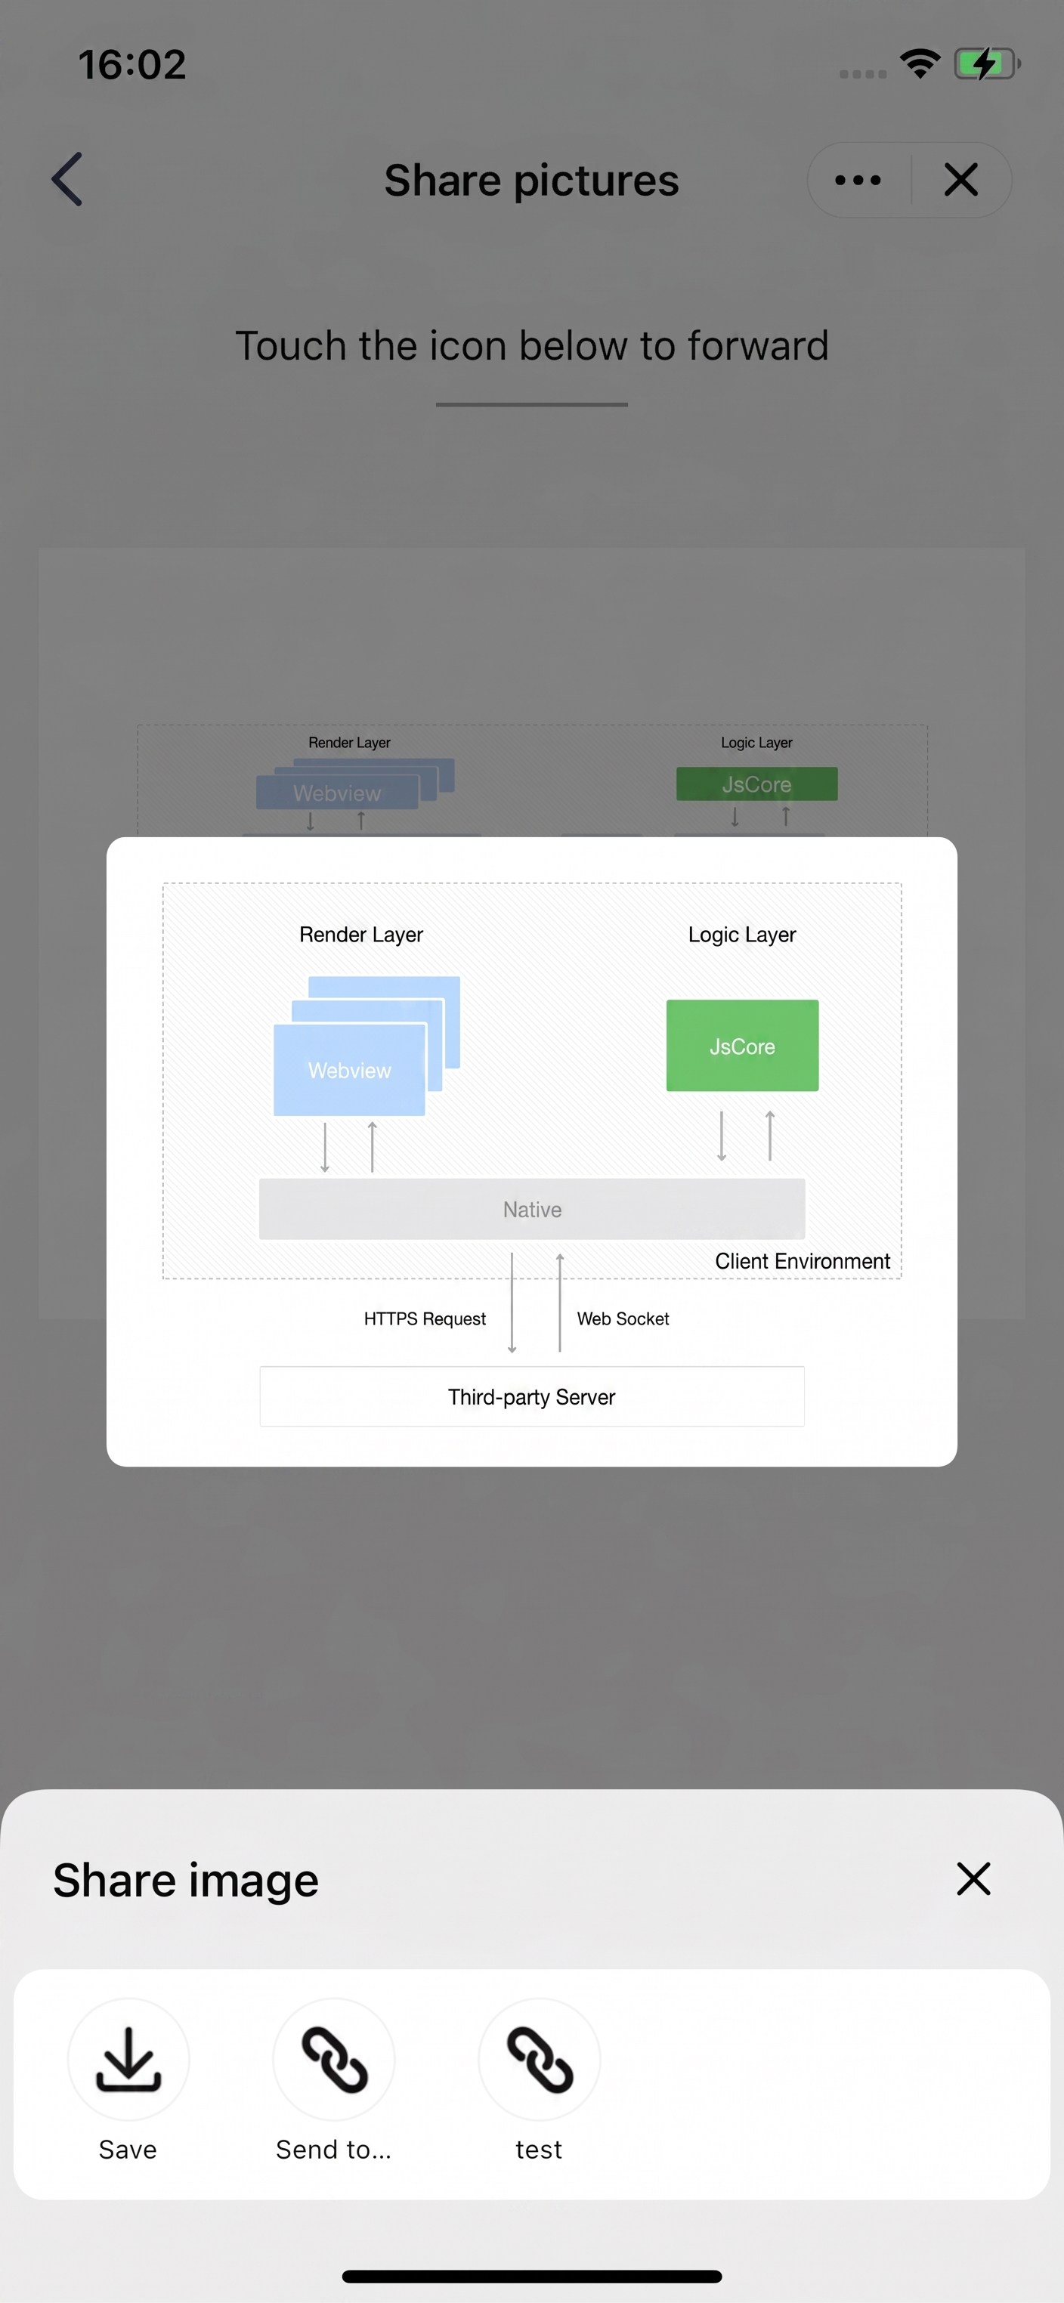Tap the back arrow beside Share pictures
click(x=67, y=179)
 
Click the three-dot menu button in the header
click(x=858, y=180)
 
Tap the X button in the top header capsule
click(x=961, y=180)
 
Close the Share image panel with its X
click(x=973, y=1878)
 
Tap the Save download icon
click(x=128, y=2059)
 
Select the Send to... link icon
click(x=333, y=2059)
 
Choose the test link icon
click(x=539, y=2059)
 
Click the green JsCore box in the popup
click(x=742, y=1045)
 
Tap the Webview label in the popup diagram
click(x=350, y=1070)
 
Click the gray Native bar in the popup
click(x=532, y=1209)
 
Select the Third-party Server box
click(x=532, y=1396)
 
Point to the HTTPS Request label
click(x=425, y=1318)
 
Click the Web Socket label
click(x=623, y=1318)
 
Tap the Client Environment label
click(x=803, y=1260)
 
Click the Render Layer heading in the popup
click(x=361, y=934)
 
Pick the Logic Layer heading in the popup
click(x=742, y=934)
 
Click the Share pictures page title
click(x=532, y=180)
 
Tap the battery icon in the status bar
click(x=987, y=63)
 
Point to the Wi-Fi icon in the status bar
click(x=920, y=63)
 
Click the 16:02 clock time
click(x=132, y=64)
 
